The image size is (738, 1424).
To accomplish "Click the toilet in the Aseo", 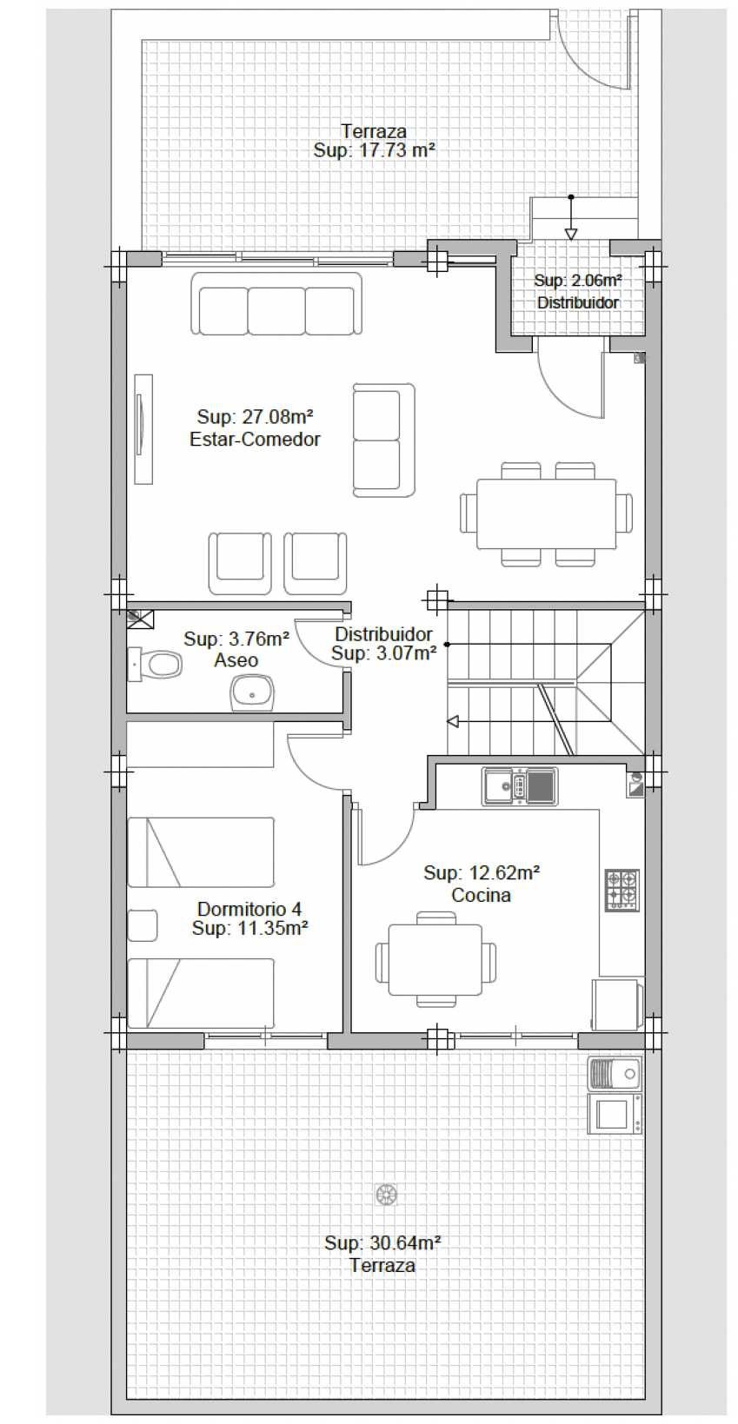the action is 156,665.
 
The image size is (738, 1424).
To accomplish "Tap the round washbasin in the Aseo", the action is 253,693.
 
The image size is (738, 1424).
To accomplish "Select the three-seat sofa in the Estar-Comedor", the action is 276,304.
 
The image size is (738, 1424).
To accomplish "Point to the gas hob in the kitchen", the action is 622,891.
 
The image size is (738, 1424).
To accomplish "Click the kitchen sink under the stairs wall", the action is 519,786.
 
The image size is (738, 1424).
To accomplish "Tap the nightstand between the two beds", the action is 142,925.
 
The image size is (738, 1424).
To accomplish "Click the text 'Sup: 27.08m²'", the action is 255,417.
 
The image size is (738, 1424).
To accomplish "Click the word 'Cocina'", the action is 481,895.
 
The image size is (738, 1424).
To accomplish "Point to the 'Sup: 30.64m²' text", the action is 383,1242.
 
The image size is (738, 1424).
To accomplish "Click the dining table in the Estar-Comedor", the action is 546,513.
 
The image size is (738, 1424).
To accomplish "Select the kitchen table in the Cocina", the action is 435,960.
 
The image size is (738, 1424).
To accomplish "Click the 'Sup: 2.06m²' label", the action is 578,280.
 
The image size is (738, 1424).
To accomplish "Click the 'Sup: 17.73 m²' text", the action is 374,150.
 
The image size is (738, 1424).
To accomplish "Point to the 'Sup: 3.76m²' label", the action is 236,639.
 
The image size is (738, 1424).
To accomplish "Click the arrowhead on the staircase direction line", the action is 453,721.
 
